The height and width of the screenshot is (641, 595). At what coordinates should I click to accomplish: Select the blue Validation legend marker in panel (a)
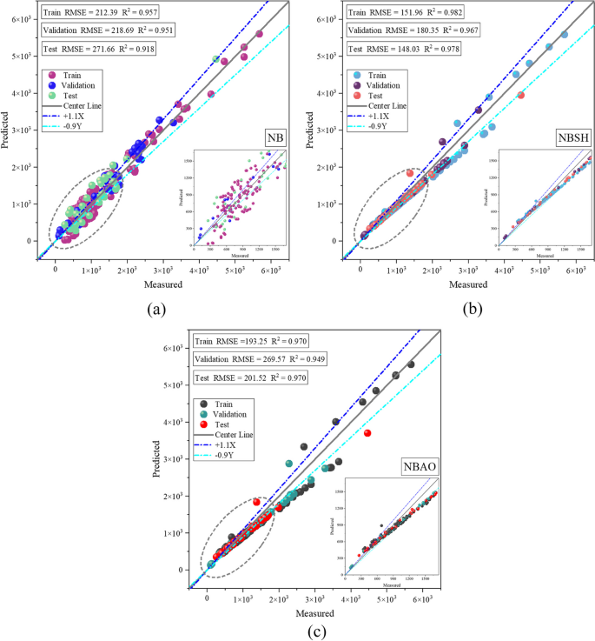(x=51, y=89)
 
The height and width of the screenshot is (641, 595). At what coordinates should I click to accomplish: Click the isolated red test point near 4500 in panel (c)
(x=367, y=433)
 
